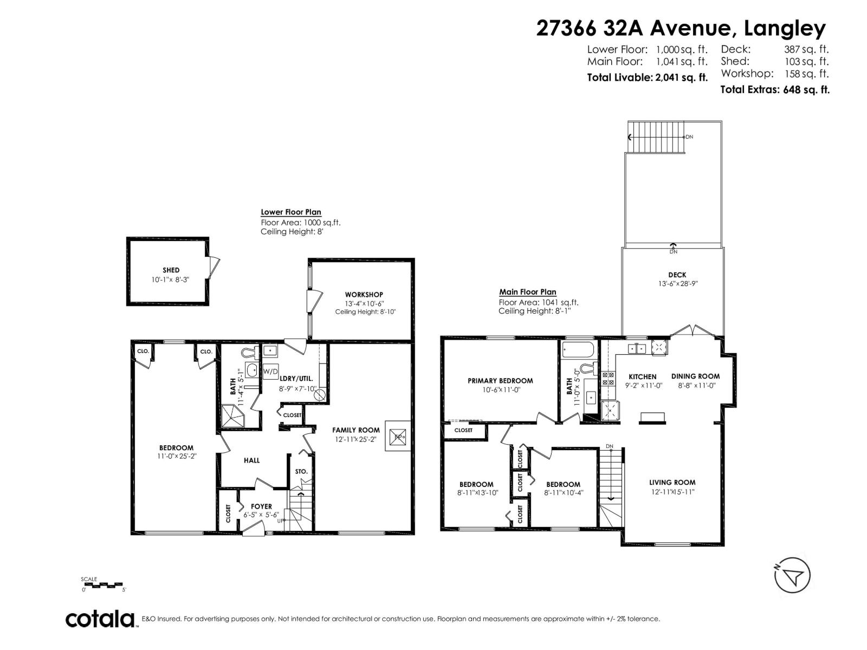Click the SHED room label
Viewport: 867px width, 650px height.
[x=171, y=270]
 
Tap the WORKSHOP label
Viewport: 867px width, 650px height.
[x=364, y=295]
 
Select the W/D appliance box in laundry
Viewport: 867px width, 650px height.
[x=270, y=372]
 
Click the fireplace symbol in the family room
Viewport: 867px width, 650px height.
[x=398, y=436]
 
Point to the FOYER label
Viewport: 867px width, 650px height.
[x=261, y=506]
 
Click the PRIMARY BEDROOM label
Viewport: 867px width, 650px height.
[x=500, y=381]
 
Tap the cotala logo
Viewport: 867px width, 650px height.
[x=100, y=619]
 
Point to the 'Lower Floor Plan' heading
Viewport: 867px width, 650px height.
[x=290, y=212]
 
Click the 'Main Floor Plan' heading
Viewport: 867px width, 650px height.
[x=527, y=292]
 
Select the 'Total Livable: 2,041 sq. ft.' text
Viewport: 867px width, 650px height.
[x=647, y=77]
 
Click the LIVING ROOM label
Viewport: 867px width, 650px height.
[x=672, y=482]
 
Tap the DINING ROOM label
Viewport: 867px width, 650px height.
[x=695, y=376]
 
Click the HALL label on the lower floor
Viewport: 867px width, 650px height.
[x=251, y=460]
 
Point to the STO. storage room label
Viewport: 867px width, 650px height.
[x=301, y=471]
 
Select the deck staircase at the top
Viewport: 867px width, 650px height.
[x=656, y=137]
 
